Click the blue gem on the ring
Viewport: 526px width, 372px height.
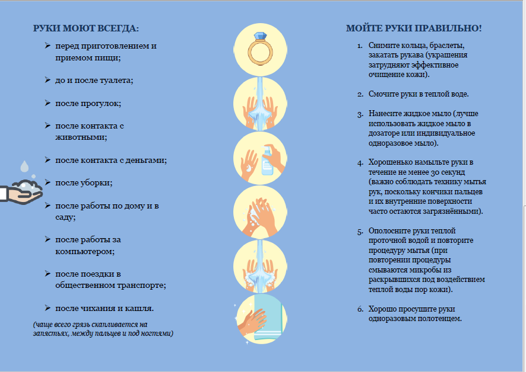tap(260, 36)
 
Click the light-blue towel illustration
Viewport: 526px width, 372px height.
tap(267, 318)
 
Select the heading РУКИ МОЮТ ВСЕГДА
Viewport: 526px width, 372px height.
tap(86, 28)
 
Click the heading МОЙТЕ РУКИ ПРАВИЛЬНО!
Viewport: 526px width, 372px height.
tap(414, 28)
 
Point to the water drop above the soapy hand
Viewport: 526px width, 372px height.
tap(24, 166)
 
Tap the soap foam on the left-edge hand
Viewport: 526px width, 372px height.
tap(27, 185)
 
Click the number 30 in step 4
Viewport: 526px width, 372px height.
tap(435, 172)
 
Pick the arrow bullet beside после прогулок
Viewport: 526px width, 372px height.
tap(47, 103)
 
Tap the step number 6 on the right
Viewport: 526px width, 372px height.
tap(360, 309)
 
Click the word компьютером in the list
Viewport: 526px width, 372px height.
tap(85, 252)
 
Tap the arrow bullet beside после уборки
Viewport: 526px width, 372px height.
tap(47, 182)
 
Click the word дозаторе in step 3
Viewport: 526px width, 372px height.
tap(386, 134)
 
